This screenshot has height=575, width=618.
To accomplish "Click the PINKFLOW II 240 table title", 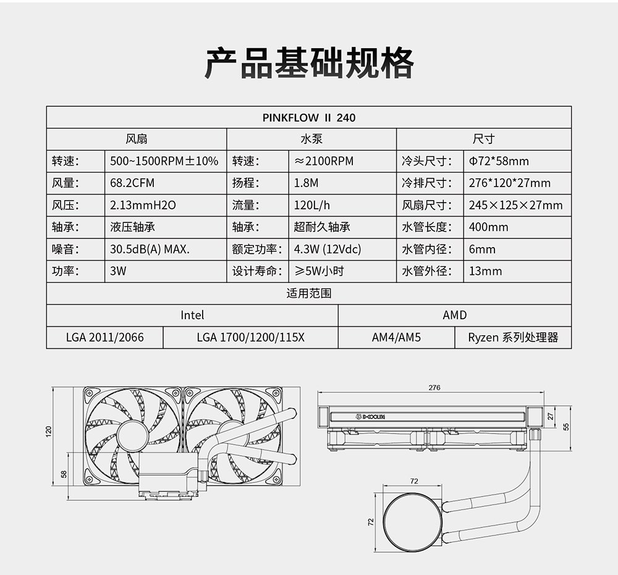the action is [x=309, y=117].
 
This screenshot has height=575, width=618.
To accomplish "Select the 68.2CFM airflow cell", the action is [x=132, y=183].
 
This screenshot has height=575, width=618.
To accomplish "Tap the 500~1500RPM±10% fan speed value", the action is [x=164, y=161].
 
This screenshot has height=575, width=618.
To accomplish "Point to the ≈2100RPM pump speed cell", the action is [x=324, y=161].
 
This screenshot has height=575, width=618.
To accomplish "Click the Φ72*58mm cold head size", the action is [x=499, y=161].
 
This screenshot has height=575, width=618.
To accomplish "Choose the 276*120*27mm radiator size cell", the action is [x=510, y=183].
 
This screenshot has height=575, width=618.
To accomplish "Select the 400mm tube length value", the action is [x=489, y=227].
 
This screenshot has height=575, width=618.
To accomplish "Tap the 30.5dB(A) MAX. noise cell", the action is [x=150, y=250].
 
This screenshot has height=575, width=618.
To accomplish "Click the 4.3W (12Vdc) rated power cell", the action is [x=328, y=250].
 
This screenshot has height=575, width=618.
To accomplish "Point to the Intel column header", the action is [x=192, y=315].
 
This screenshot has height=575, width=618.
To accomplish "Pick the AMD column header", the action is [x=454, y=315].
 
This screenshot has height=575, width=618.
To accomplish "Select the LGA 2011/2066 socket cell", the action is [x=105, y=337].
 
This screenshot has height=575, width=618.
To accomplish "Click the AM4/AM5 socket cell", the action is [x=397, y=337].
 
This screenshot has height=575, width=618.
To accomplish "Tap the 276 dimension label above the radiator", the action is [x=434, y=387].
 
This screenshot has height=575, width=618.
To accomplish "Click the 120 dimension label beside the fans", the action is [x=48, y=431].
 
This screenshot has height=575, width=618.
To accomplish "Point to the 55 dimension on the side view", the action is [x=566, y=427].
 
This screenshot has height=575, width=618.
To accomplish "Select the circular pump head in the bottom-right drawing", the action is [x=413, y=523].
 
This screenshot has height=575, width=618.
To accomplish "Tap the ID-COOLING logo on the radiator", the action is [x=370, y=416].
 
